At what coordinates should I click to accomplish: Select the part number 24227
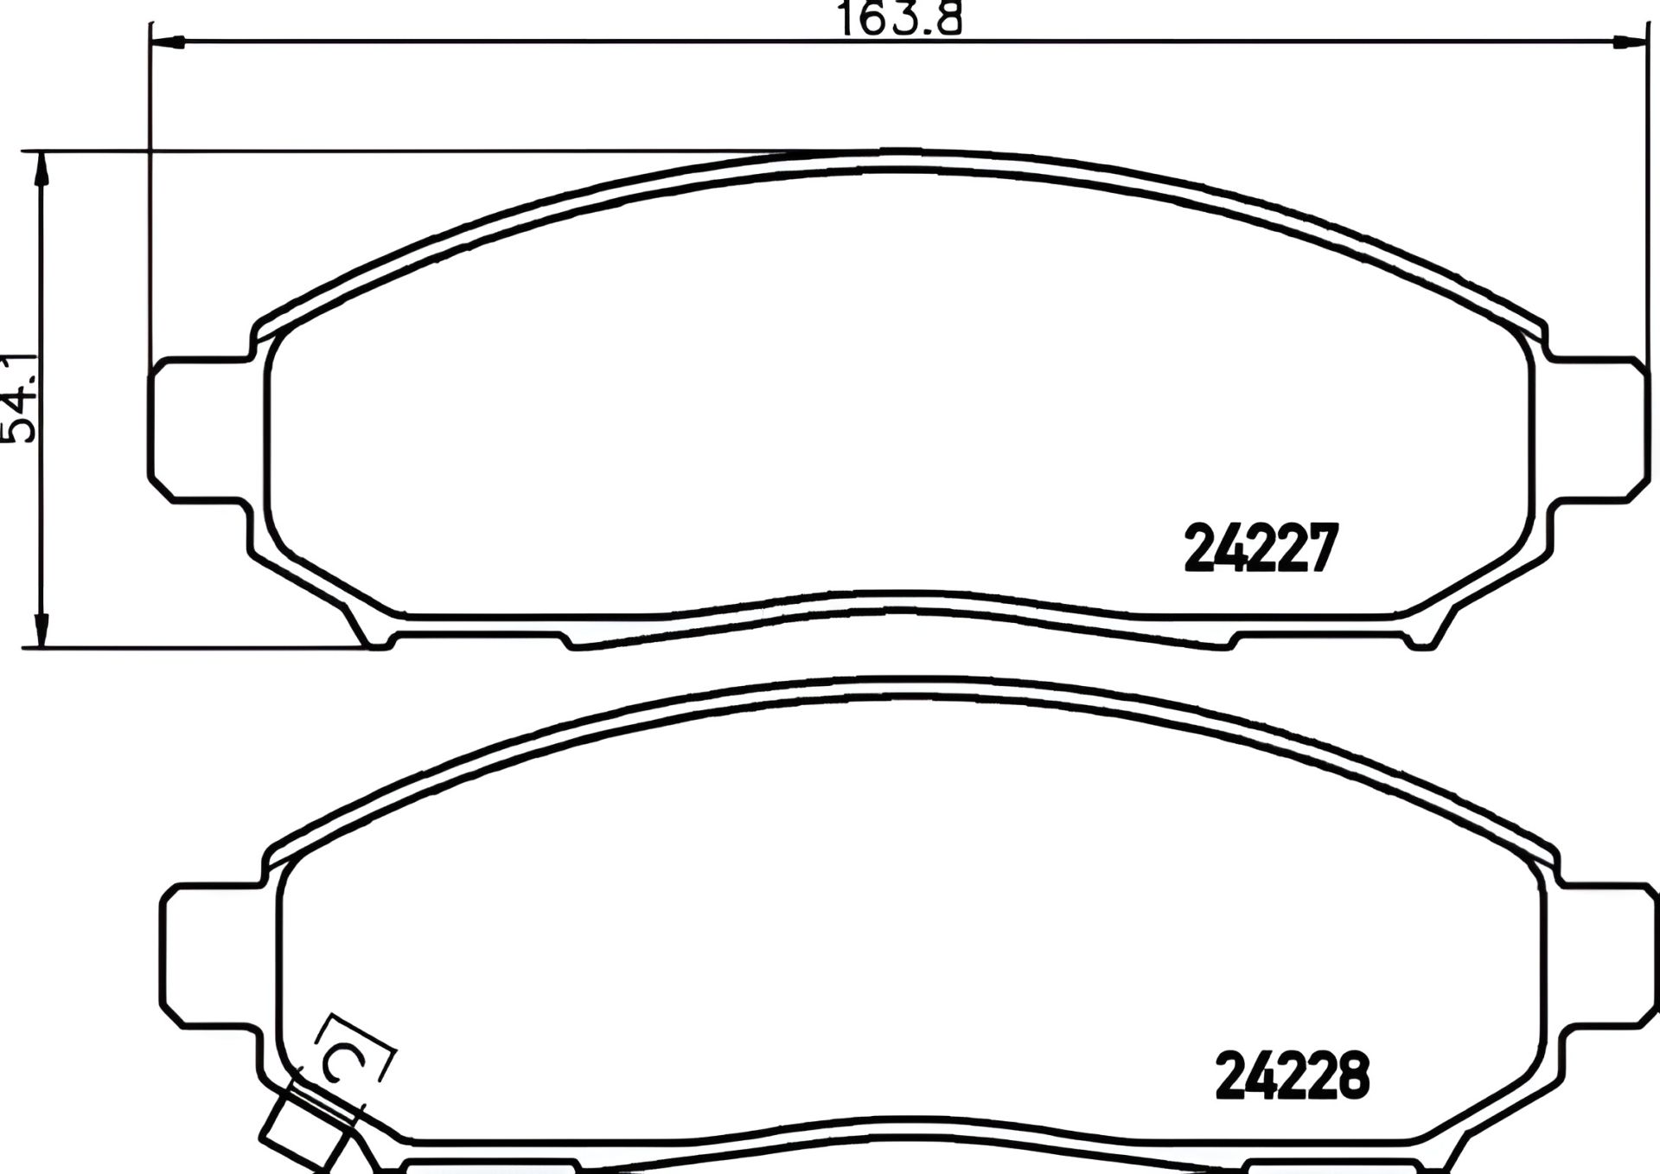click(x=1261, y=549)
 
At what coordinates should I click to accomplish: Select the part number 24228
click(x=1292, y=1076)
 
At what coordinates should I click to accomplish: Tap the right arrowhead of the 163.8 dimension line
click(x=1625, y=40)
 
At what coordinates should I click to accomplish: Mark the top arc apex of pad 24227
click(x=899, y=154)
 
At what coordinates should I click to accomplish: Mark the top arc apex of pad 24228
click(x=899, y=682)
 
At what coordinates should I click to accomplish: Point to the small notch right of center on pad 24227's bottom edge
click(x=1232, y=640)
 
